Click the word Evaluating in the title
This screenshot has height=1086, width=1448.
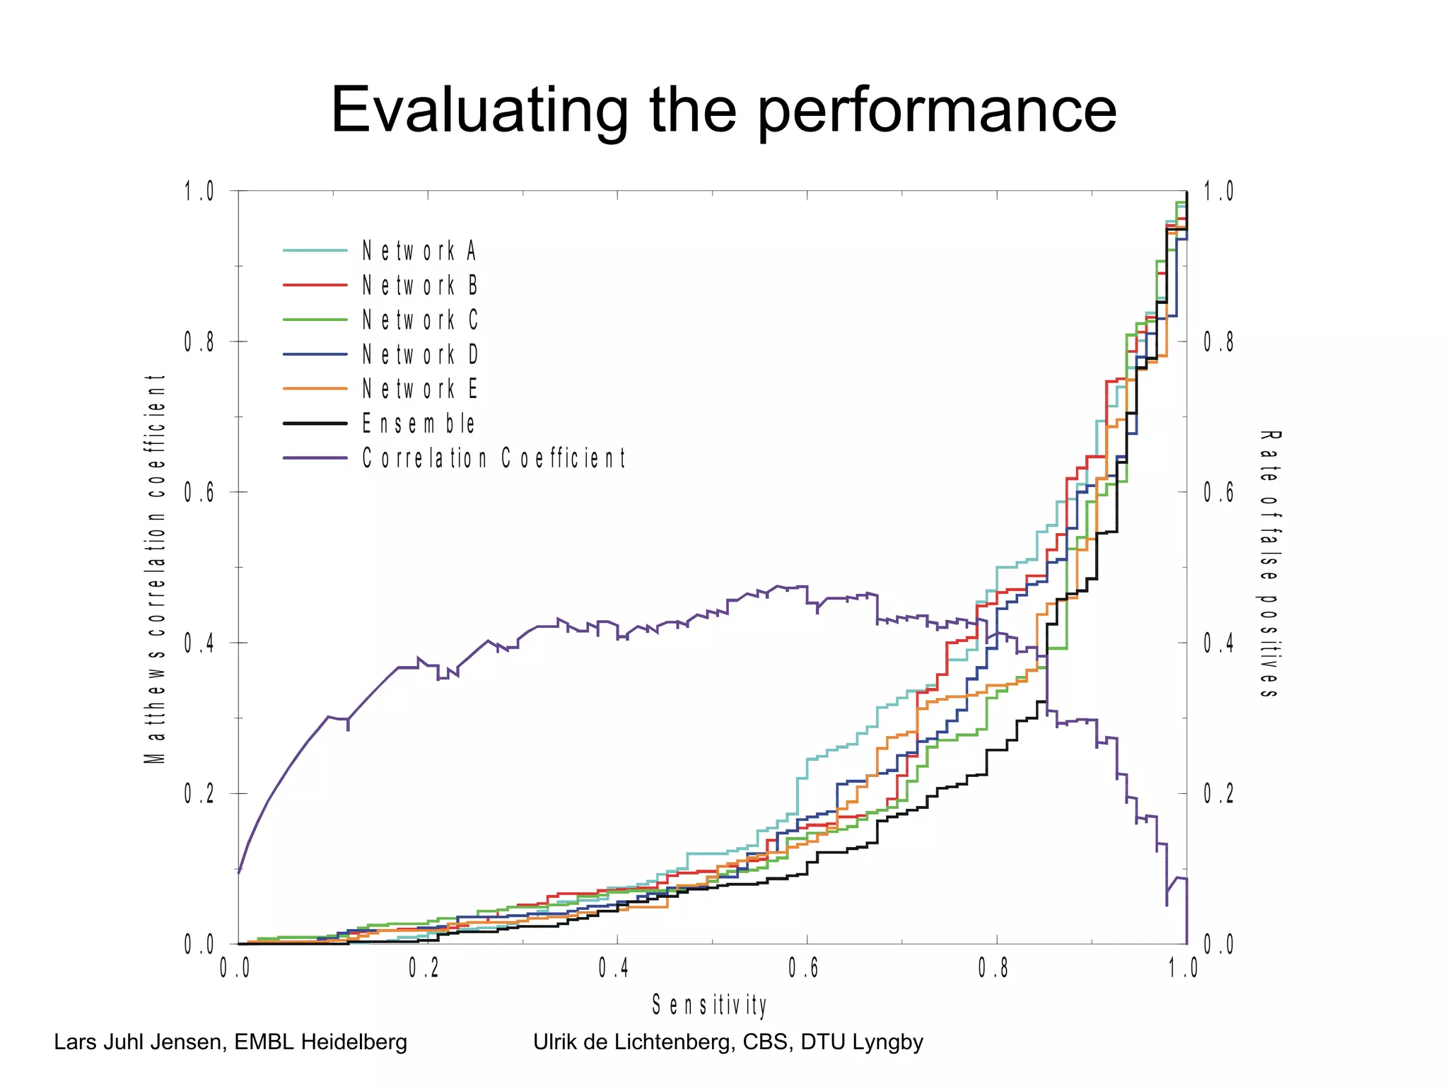(x=479, y=112)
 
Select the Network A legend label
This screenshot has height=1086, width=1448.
(x=420, y=251)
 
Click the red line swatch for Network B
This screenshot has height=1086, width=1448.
(x=315, y=285)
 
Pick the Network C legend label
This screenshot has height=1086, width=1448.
(x=420, y=320)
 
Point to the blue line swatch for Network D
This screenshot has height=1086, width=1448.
(x=315, y=354)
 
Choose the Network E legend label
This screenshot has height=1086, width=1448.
(x=420, y=389)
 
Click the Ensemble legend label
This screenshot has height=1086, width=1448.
(x=419, y=424)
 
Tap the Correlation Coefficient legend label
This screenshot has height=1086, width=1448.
(x=494, y=458)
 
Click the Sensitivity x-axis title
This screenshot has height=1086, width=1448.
(x=709, y=1005)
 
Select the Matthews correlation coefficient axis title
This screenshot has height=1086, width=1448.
(x=155, y=569)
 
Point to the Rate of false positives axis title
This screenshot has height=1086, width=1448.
(x=1269, y=564)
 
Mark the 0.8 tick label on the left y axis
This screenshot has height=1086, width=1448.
(x=199, y=342)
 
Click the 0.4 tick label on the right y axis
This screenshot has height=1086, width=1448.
(x=1218, y=643)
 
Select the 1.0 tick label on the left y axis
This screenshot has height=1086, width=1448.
(x=199, y=192)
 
